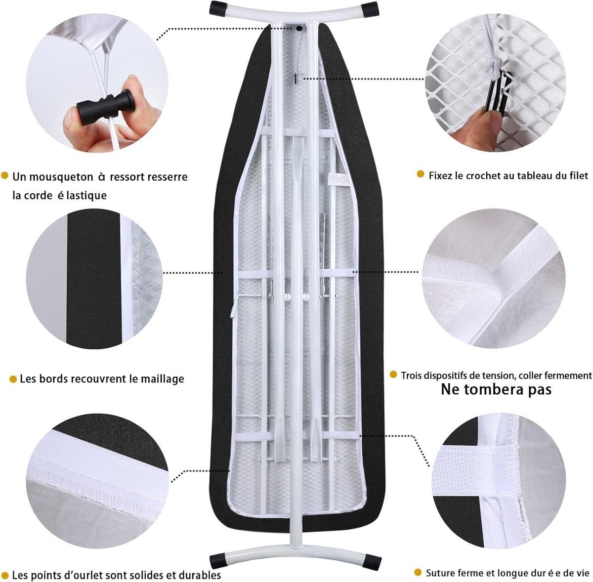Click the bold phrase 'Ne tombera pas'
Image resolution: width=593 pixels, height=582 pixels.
click(x=496, y=389)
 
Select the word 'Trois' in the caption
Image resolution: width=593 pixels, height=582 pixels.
click(x=411, y=376)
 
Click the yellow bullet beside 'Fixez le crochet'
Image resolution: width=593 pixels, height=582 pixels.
click(x=420, y=174)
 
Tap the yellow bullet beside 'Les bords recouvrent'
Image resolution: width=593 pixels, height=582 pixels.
click(x=13, y=378)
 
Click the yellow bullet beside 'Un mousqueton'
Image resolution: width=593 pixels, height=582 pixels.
click(x=4, y=176)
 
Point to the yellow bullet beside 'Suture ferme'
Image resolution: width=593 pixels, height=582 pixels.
click(x=417, y=564)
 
